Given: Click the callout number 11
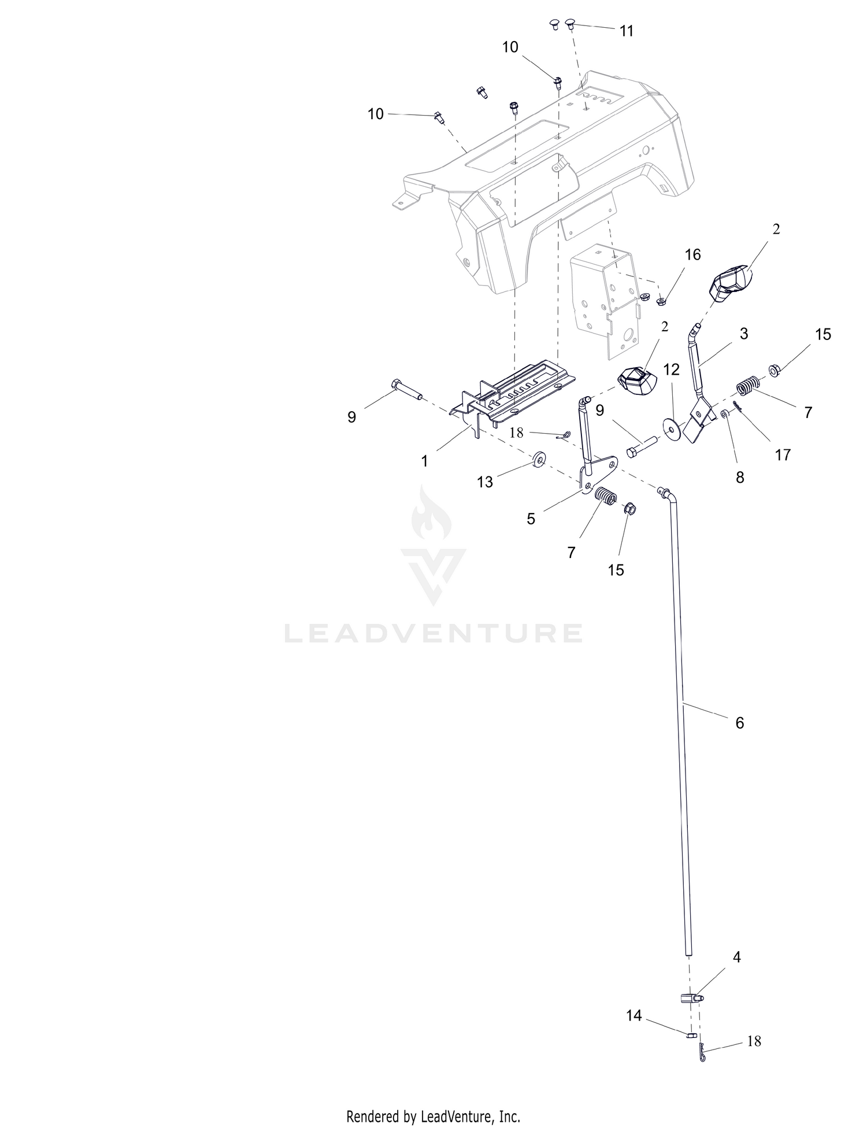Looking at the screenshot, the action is click(627, 31).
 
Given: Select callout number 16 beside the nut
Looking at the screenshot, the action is click(692, 254).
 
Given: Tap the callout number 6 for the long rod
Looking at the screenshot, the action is click(740, 723).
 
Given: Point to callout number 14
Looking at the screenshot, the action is click(634, 1015).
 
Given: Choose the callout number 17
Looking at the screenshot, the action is click(783, 455).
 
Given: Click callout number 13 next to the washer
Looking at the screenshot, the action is click(485, 482).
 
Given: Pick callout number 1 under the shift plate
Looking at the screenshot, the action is click(425, 461).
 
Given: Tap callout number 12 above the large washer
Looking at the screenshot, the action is click(672, 369).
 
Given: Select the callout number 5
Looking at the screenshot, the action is click(531, 519).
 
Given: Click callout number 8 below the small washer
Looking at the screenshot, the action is click(740, 478).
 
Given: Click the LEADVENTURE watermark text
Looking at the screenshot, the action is click(433, 633).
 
